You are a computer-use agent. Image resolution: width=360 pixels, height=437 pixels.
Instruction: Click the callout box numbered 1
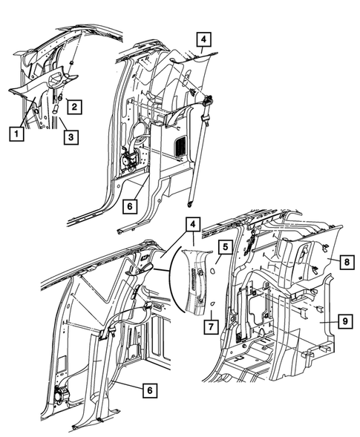14,134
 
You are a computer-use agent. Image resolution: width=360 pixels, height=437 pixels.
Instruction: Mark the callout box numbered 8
347,261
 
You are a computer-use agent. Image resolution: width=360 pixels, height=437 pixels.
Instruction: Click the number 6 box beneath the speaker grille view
131,204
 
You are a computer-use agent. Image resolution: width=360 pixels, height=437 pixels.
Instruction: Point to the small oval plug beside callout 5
214,272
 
